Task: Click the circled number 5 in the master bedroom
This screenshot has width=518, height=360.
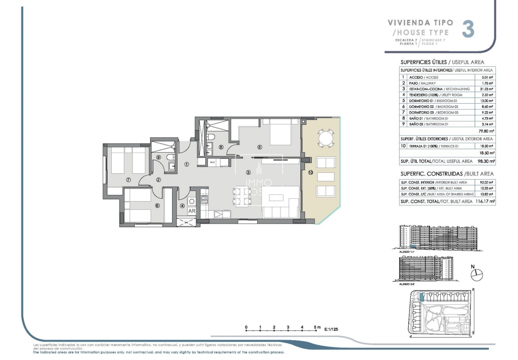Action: pyautogui.click(x=259, y=147)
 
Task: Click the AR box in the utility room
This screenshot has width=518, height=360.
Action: pyautogui.click(x=191, y=211)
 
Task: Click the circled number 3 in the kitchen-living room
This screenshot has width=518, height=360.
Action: pyautogui.click(x=248, y=172)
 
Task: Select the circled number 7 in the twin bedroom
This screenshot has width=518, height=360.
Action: pyautogui.click(x=128, y=180)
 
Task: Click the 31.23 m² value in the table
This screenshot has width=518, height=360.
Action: pyautogui.click(x=486, y=89)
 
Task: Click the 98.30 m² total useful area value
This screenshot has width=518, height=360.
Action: pyautogui.click(x=485, y=162)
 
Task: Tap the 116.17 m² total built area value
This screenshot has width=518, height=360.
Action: pyautogui.click(x=485, y=202)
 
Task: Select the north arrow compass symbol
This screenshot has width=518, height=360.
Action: pyautogui.click(x=477, y=275)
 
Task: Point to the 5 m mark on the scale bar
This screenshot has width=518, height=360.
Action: pyautogui.click(x=317, y=327)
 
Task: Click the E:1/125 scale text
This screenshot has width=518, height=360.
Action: pyautogui.click(x=335, y=330)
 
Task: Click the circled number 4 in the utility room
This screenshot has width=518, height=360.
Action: pyautogui.click(x=182, y=206)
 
